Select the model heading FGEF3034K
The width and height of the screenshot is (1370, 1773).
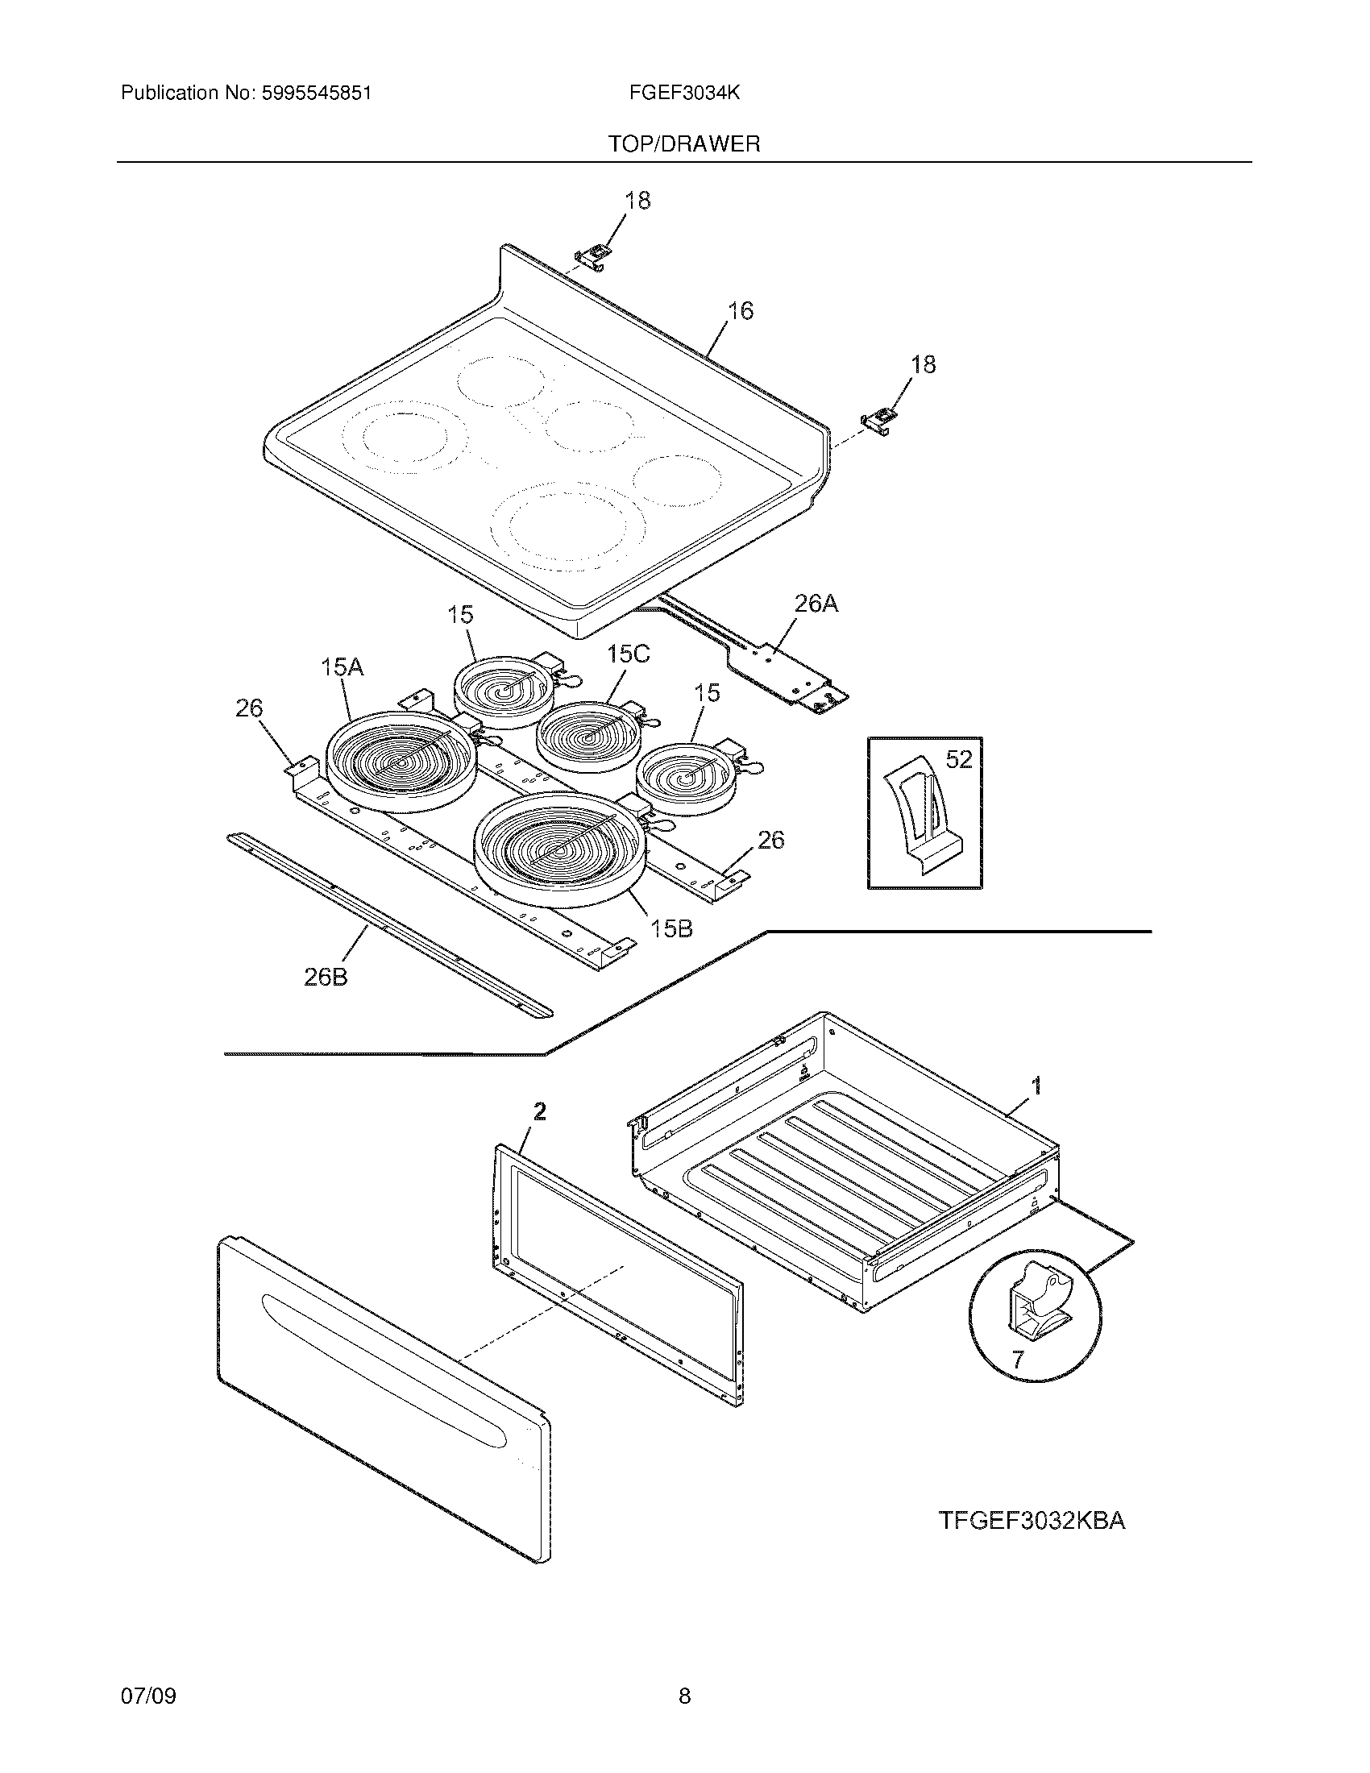pos(684,93)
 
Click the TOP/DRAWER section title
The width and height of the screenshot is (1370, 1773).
pos(684,144)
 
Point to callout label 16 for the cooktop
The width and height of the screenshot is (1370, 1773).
pos(739,311)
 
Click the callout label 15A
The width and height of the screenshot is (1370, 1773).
pos(342,667)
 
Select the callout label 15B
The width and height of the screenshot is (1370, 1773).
pos(671,928)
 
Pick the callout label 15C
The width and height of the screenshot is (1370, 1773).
pos(629,654)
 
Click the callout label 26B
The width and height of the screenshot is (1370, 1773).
pos(326,978)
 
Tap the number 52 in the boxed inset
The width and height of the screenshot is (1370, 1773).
pos(958,759)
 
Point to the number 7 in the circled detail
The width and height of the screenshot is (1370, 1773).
pos(1019,1359)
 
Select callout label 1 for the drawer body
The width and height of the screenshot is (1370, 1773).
pos(1036,1086)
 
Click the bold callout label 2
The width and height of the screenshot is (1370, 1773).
pos(539,1111)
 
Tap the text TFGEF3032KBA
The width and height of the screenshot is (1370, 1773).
pos(1032,1521)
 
